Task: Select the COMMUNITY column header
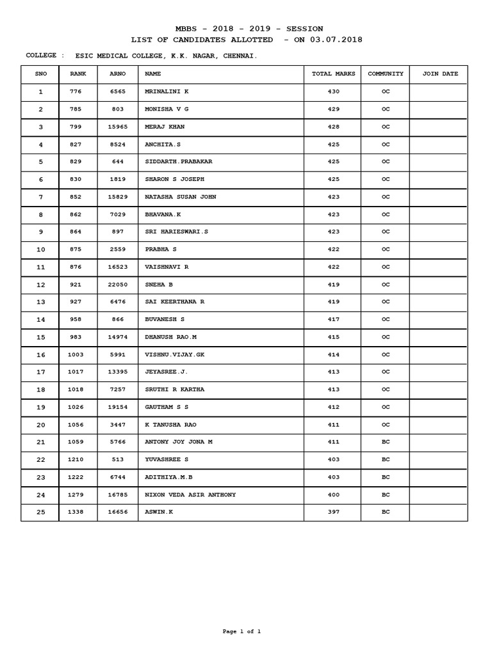pos(386,74)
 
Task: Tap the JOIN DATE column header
pos(440,74)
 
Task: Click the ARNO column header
pos(118,74)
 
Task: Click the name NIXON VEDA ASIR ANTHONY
pos(190,495)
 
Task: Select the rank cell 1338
pos(78,512)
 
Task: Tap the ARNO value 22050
pos(118,284)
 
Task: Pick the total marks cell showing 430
pos(333,92)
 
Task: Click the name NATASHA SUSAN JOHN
pos(181,197)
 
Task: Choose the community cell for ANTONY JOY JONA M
pos(386,442)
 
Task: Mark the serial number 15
pos(41,337)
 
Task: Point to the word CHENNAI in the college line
pos(240,56)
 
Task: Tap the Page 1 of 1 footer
pos(242,632)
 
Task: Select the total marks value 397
pos(333,512)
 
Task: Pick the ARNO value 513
pos(118,460)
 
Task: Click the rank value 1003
pos(78,354)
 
